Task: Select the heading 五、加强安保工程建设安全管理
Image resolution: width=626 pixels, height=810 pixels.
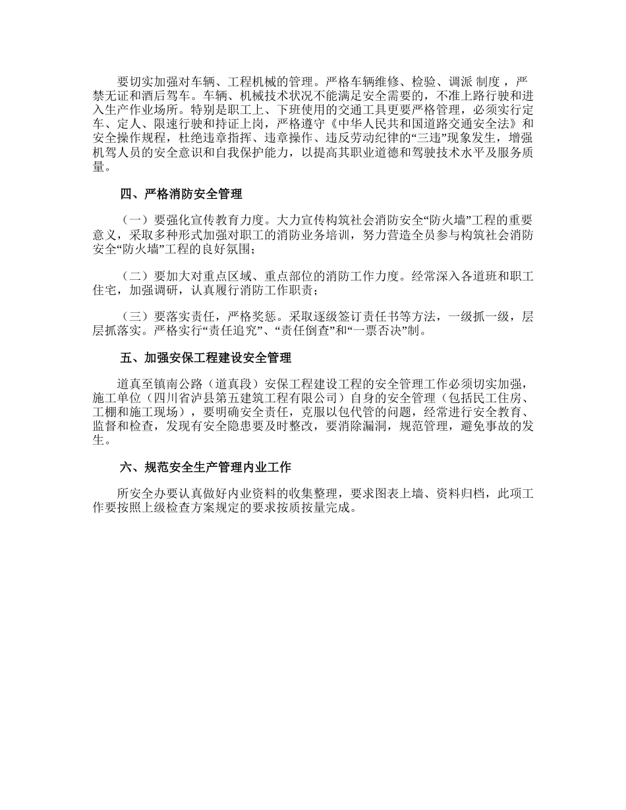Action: tap(206, 358)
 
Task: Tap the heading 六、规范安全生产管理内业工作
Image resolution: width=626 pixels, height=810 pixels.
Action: tap(206, 468)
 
